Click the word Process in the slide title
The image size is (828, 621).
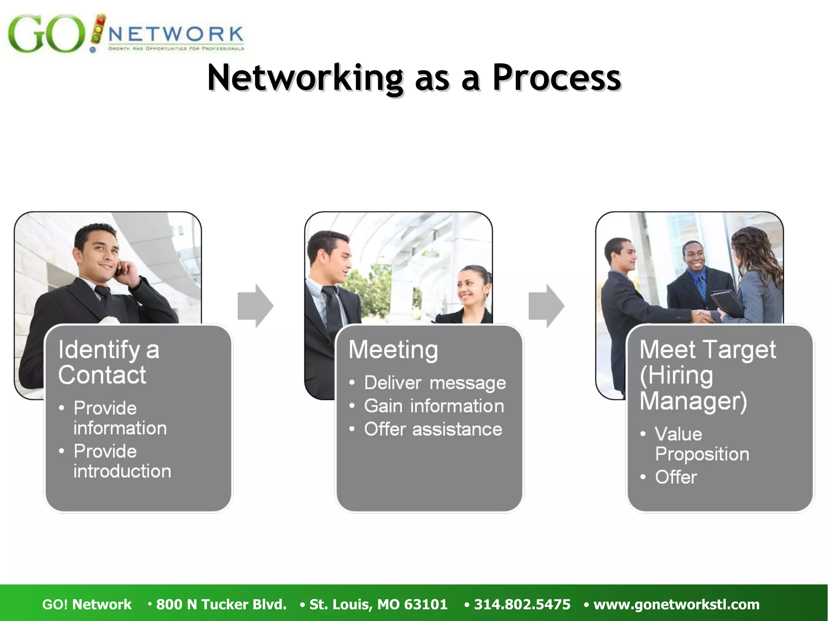(x=556, y=78)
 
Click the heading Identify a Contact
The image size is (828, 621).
(x=108, y=362)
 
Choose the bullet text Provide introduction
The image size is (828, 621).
(x=122, y=461)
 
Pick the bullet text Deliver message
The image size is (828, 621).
(x=435, y=383)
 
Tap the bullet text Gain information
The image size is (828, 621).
(x=434, y=406)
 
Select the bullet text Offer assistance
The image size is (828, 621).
(x=433, y=429)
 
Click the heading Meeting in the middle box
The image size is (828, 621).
(x=393, y=350)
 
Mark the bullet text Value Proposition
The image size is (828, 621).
(x=702, y=444)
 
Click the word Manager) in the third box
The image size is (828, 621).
(x=693, y=401)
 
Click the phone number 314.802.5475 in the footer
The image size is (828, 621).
(x=522, y=604)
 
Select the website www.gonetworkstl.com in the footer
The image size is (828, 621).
(x=676, y=604)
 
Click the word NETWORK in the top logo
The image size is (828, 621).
(x=176, y=34)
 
